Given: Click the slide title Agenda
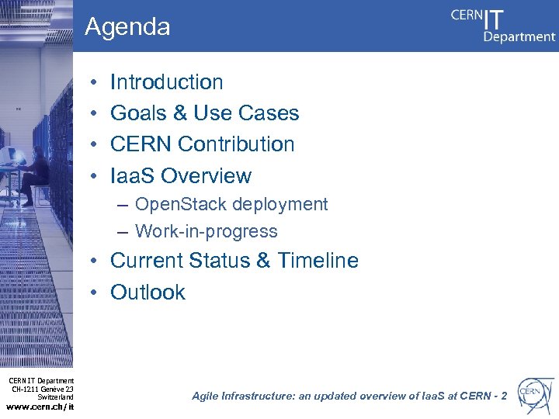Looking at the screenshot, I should (127, 27).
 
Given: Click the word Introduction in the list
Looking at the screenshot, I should (166, 82).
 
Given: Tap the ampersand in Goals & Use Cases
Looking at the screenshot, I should (180, 113).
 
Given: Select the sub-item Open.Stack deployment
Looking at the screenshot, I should (231, 204).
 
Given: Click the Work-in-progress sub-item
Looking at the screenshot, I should (206, 231).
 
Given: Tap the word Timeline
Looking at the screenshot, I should (318, 261).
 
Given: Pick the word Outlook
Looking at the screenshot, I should (148, 293).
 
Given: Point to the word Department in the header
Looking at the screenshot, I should (519, 36).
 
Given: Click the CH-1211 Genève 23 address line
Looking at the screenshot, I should (43, 389).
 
